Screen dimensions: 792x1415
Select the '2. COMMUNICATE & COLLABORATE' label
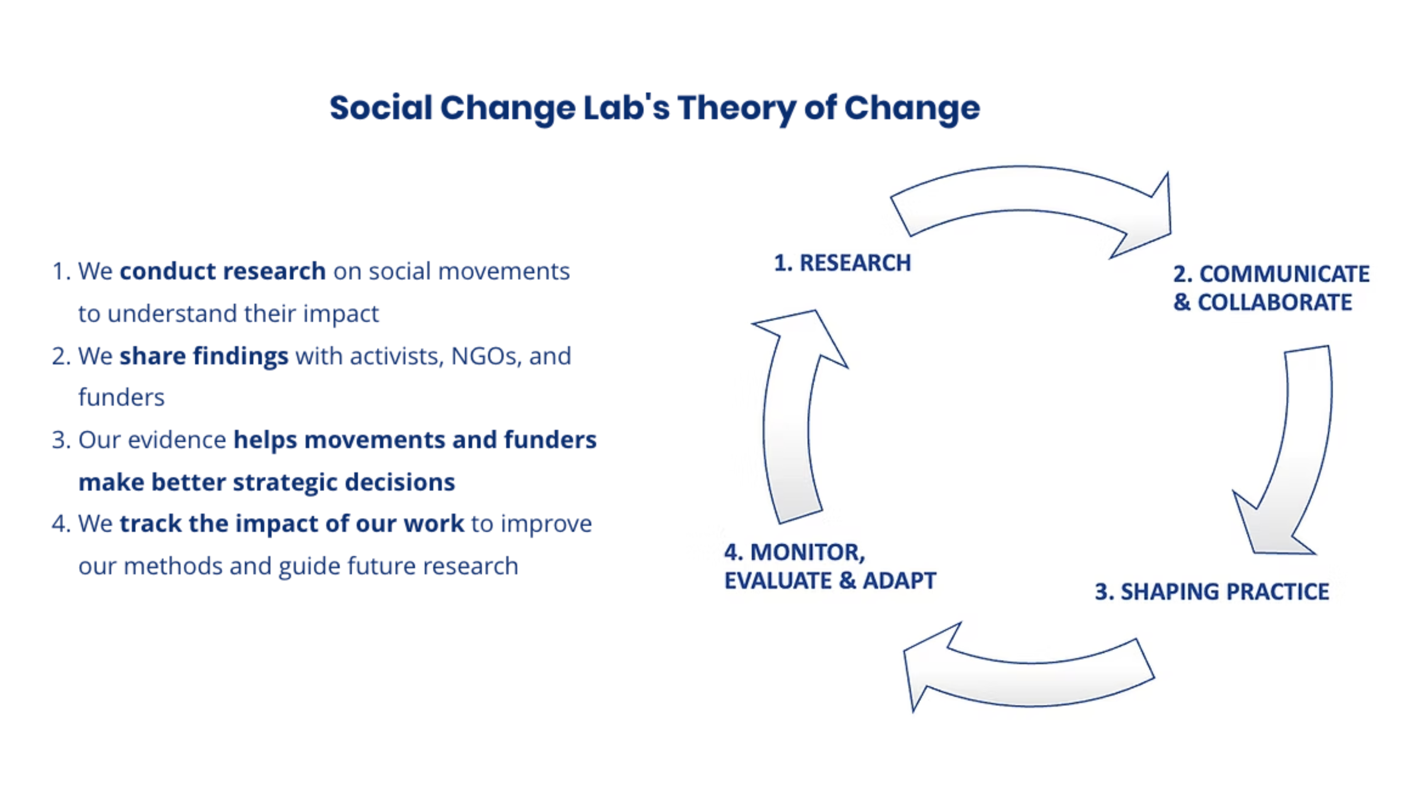pos(1271,288)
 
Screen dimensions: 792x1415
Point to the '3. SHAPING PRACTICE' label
pos(1211,592)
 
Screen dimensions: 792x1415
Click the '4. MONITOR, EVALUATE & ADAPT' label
pos(829,566)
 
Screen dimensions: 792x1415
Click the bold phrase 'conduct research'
pos(223,271)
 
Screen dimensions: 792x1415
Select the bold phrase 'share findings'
pos(204,356)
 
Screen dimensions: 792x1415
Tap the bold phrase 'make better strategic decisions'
pos(266,482)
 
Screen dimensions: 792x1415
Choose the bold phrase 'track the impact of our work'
pos(292,523)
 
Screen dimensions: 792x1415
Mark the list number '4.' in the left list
pos(61,523)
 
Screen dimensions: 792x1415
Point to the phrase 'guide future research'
pos(398,566)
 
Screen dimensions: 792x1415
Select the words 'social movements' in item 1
pos(469,271)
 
